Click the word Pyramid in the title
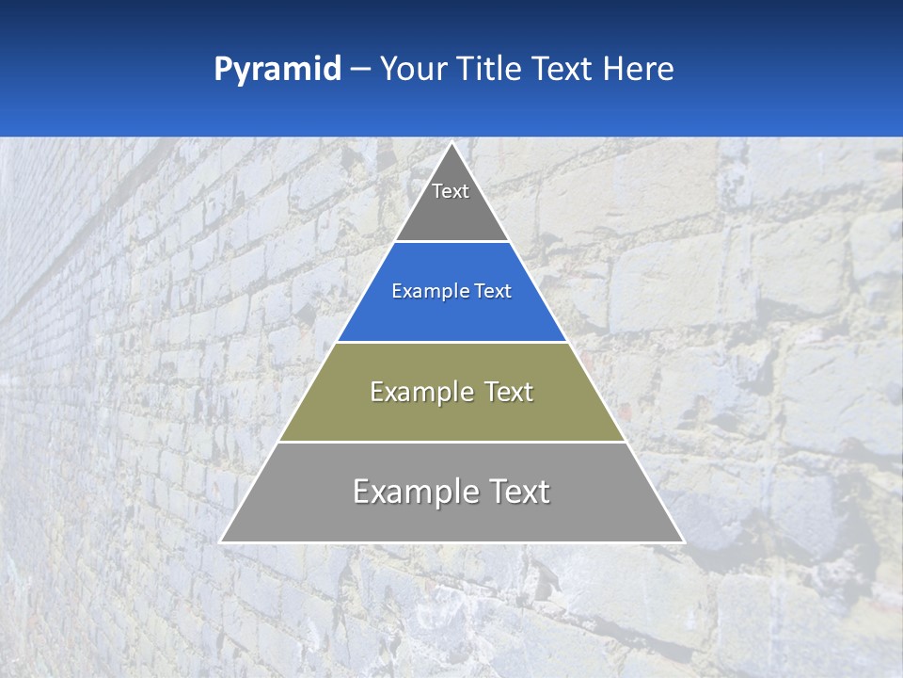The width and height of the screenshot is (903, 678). [277, 70]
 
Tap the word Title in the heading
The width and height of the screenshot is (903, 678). [491, 69]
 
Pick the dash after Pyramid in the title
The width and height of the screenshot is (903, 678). [360, 70]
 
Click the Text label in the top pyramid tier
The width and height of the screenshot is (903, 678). [451, 191]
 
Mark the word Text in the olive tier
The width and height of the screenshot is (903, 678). [509, 392]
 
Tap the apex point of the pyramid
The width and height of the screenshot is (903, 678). [451, 143]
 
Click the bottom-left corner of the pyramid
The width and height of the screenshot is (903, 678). [221, 541]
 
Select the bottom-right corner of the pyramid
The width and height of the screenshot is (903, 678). [683, 541]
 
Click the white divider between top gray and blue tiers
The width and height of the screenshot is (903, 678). [451, 242]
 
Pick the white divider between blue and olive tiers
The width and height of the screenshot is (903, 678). [451, 342]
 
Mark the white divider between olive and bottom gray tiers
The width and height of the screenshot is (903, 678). [451, 442]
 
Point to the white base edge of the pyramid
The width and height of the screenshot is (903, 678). [451, 542]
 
